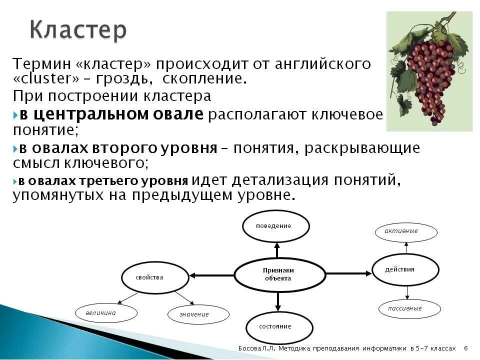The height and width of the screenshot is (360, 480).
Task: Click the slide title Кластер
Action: click(x=78, y=29)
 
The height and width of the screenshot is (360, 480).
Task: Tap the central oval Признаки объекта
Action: click(x=279, y=274)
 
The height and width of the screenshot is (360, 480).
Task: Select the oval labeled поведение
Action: click(x=276, y=226)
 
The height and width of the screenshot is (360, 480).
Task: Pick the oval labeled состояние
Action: click(x=279, y=327)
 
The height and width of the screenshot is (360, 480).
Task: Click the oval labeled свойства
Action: click(x=155, y=277)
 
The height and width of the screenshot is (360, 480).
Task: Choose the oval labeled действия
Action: click(x=405, y=269)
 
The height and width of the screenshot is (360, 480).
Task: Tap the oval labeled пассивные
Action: click(x=409, y=309)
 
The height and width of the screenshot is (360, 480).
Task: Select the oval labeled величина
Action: click(x=106, y=313)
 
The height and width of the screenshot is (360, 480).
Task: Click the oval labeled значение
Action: click(x=198, y=314)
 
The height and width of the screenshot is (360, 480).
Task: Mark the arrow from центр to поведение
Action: click(x=277, y=250)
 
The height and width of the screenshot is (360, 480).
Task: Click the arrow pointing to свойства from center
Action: click(x=212, y=275)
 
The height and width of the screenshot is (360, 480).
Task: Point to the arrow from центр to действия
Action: click(x=348, y=273)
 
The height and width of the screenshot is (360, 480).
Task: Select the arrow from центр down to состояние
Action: click(x=278, y=301)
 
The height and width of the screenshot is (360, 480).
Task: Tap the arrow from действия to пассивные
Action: click(x=407, y=292)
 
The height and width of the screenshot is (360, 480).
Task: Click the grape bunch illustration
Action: click(x=429, y=71)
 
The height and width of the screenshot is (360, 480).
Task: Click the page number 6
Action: click(x=466, y=348)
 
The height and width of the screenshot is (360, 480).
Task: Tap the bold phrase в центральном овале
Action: click(x=111, y=114)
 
